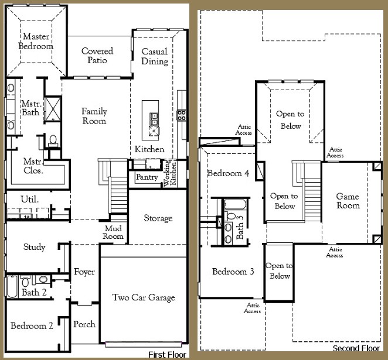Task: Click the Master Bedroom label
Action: click(36, 41)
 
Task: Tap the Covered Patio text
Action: click(97, 56)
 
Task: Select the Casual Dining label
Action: click(155, 56)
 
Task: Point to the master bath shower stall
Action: click(53, 108)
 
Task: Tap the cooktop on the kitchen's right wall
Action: click(182, 114)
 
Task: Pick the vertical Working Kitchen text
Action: click(168, 173)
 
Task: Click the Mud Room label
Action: click(114, 232)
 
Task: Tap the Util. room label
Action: click(29, 200)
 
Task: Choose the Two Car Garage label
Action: click(144, 298)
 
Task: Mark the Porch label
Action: click(84, 324)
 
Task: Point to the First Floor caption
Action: click(168, 355)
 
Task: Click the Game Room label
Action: click(348, 201)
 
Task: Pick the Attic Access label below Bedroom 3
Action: click(253, 308)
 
